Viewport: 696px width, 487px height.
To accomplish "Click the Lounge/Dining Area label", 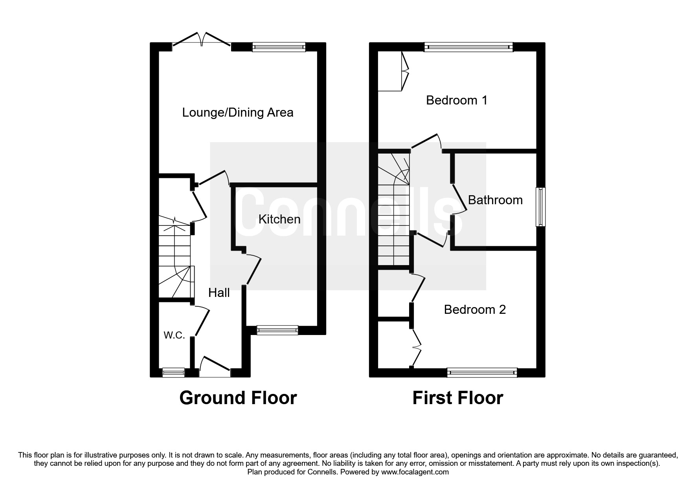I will [238, 113].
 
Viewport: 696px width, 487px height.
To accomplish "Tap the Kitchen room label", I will [279, 219].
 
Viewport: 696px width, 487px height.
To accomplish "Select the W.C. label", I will [174, 335].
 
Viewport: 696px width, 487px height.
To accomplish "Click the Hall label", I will [219, 293].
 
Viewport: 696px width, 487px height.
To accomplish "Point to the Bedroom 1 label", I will [457, 100].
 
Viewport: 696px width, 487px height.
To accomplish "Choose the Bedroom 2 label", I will [475, 309].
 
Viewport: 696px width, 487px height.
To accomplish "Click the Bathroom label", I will [495, 200].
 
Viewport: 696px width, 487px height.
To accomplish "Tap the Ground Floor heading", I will [238, 398].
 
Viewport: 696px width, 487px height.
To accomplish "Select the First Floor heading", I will [457, 398].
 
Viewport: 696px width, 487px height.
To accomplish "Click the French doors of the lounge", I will [202, 42].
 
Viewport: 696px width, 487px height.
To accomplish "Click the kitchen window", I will [277, 330].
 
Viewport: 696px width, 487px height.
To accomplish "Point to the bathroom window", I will [541, 207].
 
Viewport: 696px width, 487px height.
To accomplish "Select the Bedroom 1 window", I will [469, 47].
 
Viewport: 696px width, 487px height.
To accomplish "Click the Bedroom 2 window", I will [482, 373].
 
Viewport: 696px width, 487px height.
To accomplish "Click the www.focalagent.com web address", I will [415, 472].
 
